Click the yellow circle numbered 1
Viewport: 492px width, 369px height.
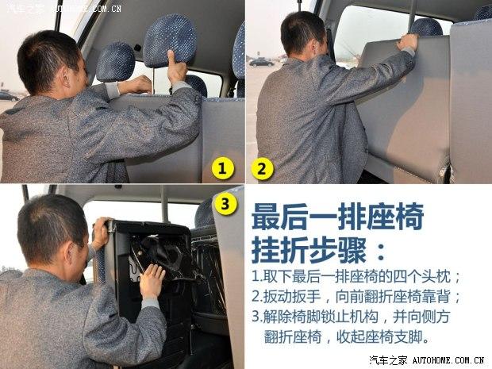point(222,169)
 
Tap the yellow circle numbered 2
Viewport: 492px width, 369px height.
point(262,169)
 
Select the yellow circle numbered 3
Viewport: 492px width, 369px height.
point(225,204)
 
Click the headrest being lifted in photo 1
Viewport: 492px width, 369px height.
point(170,40)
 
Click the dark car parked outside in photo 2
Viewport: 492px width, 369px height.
point(261,63)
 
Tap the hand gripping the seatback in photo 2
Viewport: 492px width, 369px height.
point(408,42)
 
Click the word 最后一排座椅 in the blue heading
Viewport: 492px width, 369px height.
point(338,216)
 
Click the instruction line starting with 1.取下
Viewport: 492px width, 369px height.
point(356,277)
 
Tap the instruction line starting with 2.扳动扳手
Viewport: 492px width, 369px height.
point(356,297)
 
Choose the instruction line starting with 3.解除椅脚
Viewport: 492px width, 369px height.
point(351,317)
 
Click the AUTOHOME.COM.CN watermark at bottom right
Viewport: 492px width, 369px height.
point(448,360)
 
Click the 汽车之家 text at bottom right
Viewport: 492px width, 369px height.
point(388,360)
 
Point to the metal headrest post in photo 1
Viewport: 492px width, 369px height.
point(154,81)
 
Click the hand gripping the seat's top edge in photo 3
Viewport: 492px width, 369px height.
point(101,233)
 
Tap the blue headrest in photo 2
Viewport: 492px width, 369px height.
point(427,27)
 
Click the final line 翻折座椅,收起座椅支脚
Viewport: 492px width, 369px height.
point(347,337)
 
